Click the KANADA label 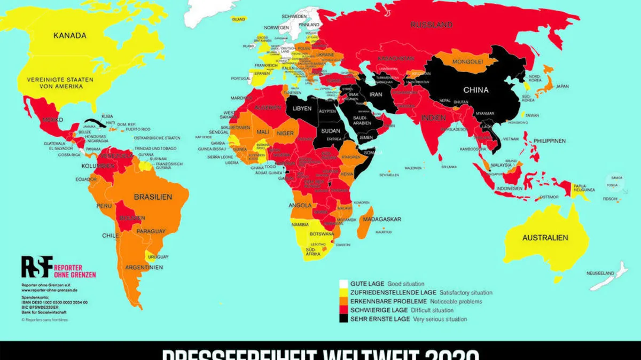[x=69, y=36]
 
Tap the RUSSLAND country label [x=432, y=25]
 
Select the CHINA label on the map [x=475, y=90]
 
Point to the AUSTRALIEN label [x=545, y=237]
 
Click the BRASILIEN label [x=153, y=197]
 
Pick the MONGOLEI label [x=468, y=61]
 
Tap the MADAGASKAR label [x=382, y=219]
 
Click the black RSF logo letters [x=37, y=267]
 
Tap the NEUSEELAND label [x=601, y=273]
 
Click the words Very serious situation [x=440, y=319]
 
